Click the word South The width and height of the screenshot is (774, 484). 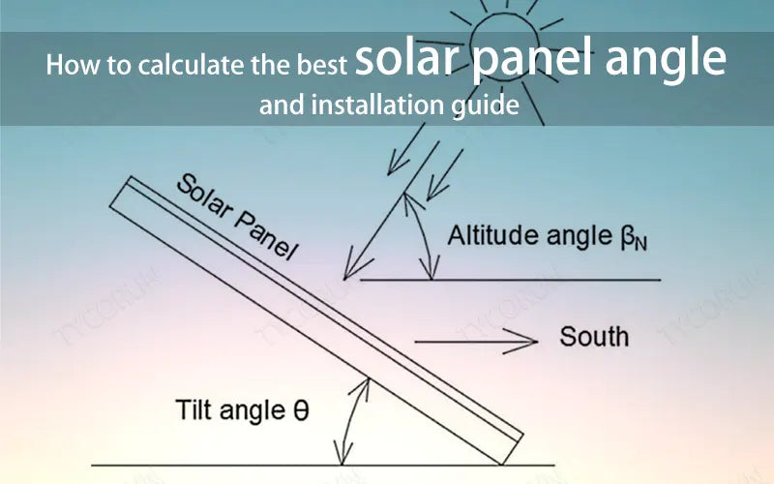point(594,337)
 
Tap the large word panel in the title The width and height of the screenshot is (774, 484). point(526,61)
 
